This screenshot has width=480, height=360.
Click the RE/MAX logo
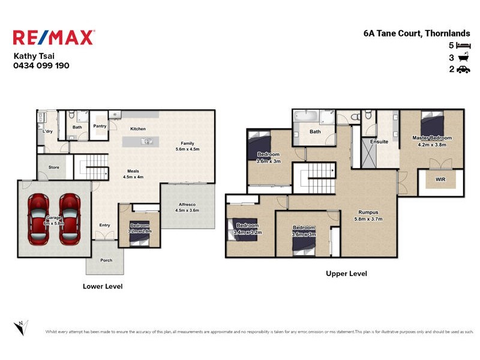click(53, 38)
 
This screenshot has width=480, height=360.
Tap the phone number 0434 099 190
click(41, 65)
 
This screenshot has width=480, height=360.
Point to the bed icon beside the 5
click(463, 46)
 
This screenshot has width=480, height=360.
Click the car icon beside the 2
click(463, 70)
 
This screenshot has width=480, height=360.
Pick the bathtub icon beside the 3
click(463, 58)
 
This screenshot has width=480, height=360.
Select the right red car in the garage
click(70, 218)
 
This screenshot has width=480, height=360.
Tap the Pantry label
click(100, 126)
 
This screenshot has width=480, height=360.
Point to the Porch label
click(105, 261)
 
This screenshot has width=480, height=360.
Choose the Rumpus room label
click(368, 212)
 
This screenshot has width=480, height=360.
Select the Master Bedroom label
click(431, 138)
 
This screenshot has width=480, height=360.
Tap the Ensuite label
click(379, 142)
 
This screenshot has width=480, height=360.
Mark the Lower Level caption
click(102, 287)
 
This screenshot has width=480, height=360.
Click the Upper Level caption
click(346, 274)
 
